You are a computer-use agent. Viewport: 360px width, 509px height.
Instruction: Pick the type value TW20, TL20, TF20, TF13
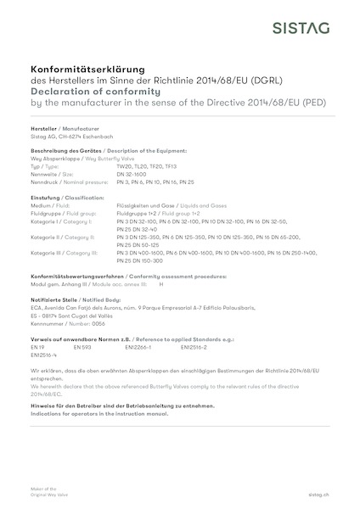[145, 167]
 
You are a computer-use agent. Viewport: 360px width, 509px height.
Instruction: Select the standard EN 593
[82, 346]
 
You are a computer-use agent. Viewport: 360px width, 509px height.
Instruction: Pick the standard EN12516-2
[194, 346]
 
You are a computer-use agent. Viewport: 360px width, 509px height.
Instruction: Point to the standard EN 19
[37, 346]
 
